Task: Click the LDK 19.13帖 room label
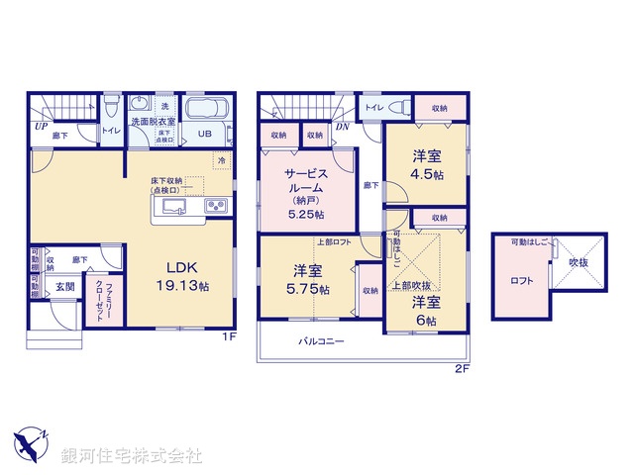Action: coord(186,273)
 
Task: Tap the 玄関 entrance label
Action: coord(64,286)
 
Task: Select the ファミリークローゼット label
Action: coord(102,294)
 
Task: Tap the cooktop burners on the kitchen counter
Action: coord(217,206)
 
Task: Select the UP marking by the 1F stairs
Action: coord(41,127)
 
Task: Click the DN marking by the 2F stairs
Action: coord(341,127)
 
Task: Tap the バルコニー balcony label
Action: coord(322,341)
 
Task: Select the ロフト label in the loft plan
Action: coord(523,280)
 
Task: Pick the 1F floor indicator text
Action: coord(227,337)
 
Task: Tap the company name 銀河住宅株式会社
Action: coord(133,456)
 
